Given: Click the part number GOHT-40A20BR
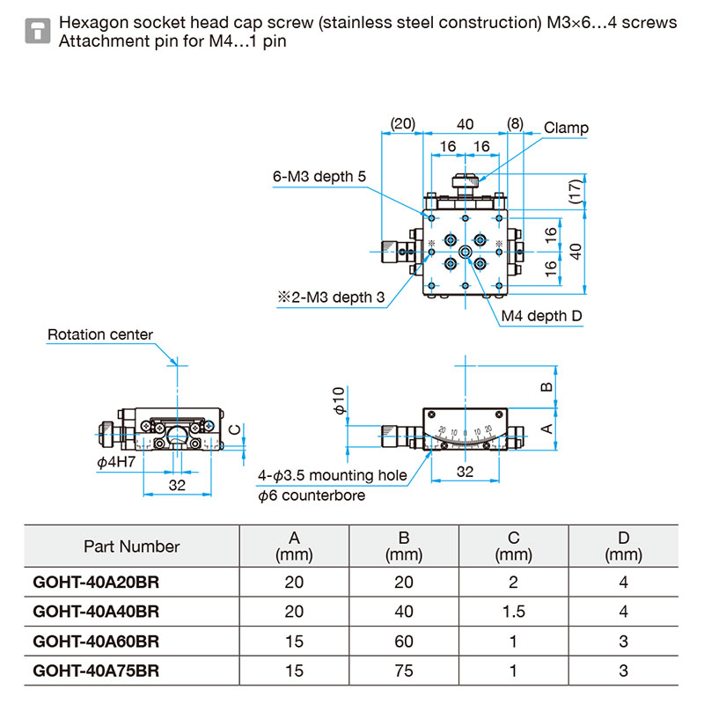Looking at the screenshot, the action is (x=96, y=582).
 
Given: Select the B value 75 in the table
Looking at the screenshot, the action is (x=404, y=671).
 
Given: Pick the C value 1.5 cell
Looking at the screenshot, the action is (x=513, y=612).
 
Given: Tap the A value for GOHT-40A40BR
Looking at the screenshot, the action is (x=294, y=612).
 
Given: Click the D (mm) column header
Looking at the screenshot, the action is (x=623, y=546).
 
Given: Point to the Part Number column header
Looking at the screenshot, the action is (x=131, y=546).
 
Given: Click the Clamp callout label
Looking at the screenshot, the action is (x=566, y=128).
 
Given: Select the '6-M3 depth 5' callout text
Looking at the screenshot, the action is (x=319, y=177).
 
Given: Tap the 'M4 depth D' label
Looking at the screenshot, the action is (x=541, y=316).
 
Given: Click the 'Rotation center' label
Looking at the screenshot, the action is (x=100, y=334).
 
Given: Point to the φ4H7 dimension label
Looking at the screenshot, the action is (x=116, y=461).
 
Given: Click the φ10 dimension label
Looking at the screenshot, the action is (x=339, y=400).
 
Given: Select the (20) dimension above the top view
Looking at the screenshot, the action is (x=403, y=123).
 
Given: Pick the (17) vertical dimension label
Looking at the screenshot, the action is (x=576, y=192).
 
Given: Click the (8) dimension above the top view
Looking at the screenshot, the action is (x=515, y=123).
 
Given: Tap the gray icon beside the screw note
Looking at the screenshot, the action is (x=38, y=31).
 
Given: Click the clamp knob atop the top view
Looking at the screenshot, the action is (x=466, y=181).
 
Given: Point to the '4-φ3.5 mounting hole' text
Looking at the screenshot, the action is (x=333, y=475).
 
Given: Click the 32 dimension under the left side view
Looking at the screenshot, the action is (x=177, y=485).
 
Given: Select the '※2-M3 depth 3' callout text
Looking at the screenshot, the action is (x=331, y=297).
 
